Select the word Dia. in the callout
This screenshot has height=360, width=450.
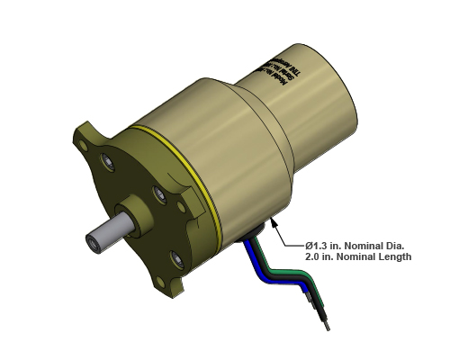click(x=395, y=245)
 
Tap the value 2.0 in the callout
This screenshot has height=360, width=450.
click(x=314, y=257)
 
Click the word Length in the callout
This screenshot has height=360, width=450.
click(x=393, y=257)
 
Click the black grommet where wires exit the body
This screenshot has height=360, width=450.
click(x=253, y=230)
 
